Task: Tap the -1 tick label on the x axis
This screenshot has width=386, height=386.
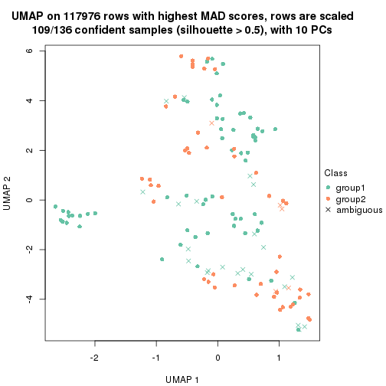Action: click(155, 358)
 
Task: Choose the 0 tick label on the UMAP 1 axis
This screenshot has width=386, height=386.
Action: click(218, 358)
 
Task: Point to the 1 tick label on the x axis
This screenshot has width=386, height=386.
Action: click(280, 358)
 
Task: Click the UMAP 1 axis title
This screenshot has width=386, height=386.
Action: click(186, 378)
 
